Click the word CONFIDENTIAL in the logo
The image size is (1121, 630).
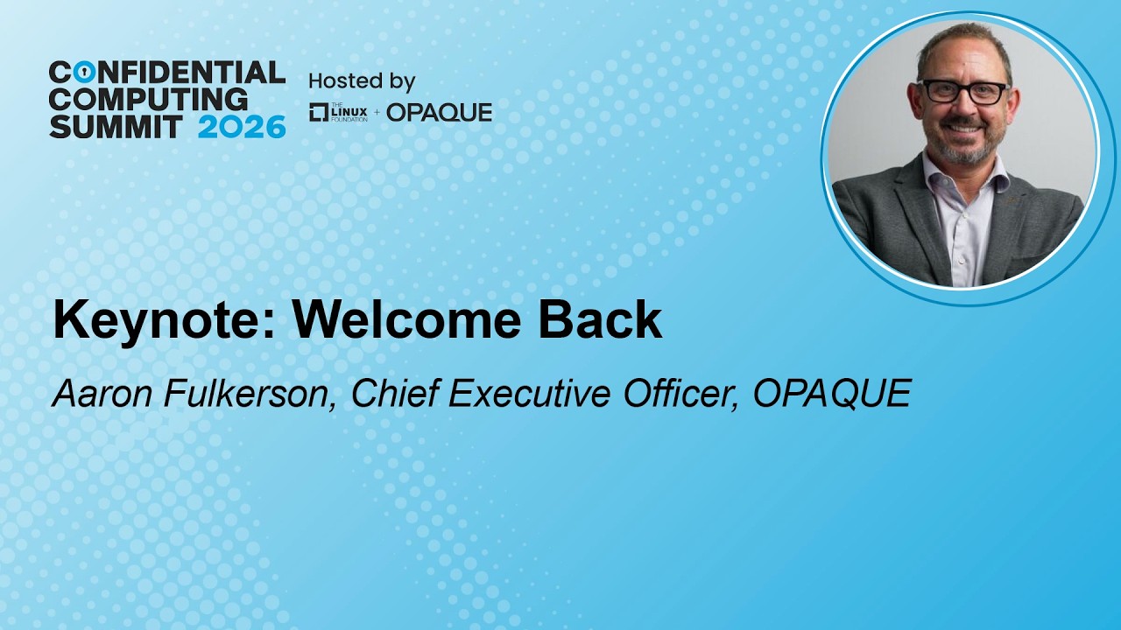167,73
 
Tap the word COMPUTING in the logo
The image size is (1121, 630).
148,100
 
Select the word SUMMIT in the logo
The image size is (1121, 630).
115,127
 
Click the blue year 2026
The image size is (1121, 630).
242,127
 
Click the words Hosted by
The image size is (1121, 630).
362,81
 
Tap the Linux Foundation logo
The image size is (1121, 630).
338,113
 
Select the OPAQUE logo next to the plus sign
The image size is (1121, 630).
439,113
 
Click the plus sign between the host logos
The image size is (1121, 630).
377,114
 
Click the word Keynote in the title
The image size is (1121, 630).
164,320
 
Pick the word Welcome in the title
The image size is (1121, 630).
406,319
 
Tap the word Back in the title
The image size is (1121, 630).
600,319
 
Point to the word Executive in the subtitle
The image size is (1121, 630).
529,393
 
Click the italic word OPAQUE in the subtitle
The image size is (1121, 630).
832,393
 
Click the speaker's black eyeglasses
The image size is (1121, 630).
964,93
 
